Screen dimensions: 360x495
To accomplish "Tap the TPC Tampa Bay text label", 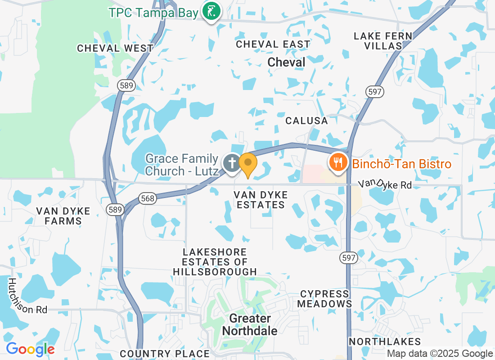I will pyautogui.click(x=153, y=12).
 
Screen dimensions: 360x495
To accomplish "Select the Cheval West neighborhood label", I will pyautogui.click(x=115, y=48).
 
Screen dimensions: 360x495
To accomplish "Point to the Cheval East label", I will pyautogui.click(x=273, y=44).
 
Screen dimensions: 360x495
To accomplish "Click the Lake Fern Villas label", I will pyautogui.click(x=383, y=41).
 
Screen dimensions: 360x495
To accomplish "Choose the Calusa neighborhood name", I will pyautogui.click(x=307, y=121).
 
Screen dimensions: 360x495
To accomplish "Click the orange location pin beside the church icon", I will pyautogui.click(x=247, y=165).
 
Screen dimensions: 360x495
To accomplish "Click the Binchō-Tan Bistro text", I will pyautogui.click(x=401, y=164).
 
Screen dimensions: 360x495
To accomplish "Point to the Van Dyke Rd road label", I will pyautogui.click(x=385, y=184).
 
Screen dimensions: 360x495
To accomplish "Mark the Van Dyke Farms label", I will pyautogui.click(x=63, y=216).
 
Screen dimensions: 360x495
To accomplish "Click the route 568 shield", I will pyautogui.click(x=147, y=198).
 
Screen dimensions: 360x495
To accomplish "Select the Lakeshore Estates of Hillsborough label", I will pyautogui.click(x=215, y=261).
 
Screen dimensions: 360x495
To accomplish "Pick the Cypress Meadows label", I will pyautogui.click(x=324, y=299).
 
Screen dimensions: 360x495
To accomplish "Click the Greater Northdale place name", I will pyautogui.click(x=250, y=324).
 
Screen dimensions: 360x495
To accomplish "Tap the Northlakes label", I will pyautogui.click(x=385, y=342).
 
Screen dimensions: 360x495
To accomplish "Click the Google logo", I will pyautogui.click(x=31, y=349).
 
